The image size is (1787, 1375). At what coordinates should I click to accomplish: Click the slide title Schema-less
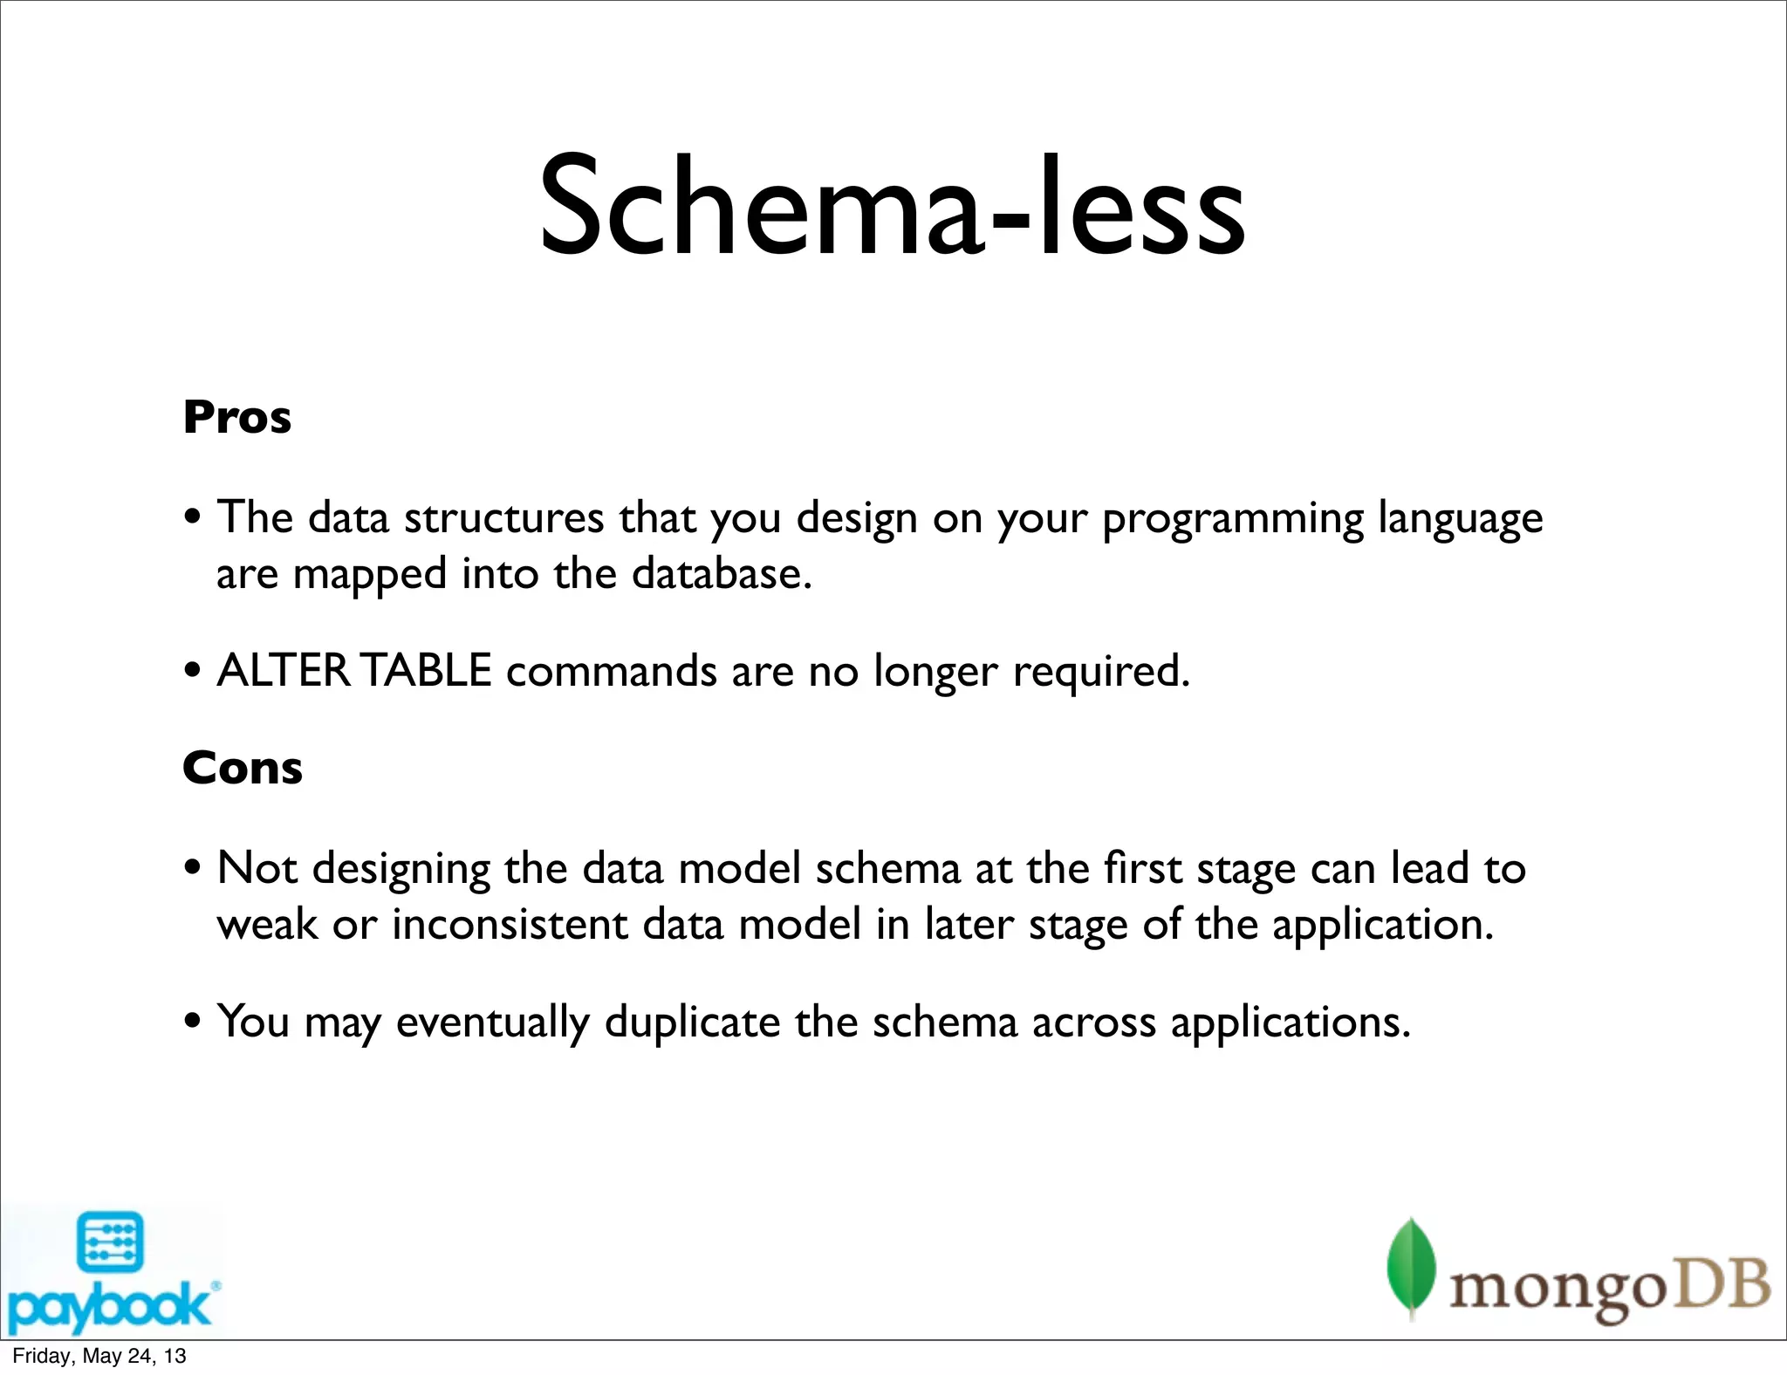pos(892,208)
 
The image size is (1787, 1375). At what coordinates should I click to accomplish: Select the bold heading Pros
pos(236,417)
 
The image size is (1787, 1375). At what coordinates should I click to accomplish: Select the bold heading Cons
pos(242,768)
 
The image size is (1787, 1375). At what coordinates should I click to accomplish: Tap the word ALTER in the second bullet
pos(283,671)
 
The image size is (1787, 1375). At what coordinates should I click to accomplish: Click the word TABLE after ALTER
pos(426,671)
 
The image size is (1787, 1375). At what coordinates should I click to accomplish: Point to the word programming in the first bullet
pos(1232,519)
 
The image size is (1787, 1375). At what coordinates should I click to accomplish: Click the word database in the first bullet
pos(721,574)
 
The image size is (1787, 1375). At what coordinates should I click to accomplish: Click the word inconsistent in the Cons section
pos(509,925)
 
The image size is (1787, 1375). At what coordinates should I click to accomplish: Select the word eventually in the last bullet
pos(492,1023)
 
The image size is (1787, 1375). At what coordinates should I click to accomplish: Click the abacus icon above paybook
pos(110,1242)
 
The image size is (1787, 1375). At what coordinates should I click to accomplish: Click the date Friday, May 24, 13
pos(99,1356)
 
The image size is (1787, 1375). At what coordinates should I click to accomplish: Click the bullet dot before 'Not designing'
pos(194,869)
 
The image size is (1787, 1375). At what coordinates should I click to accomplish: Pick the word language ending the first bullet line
pos(1460,519)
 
